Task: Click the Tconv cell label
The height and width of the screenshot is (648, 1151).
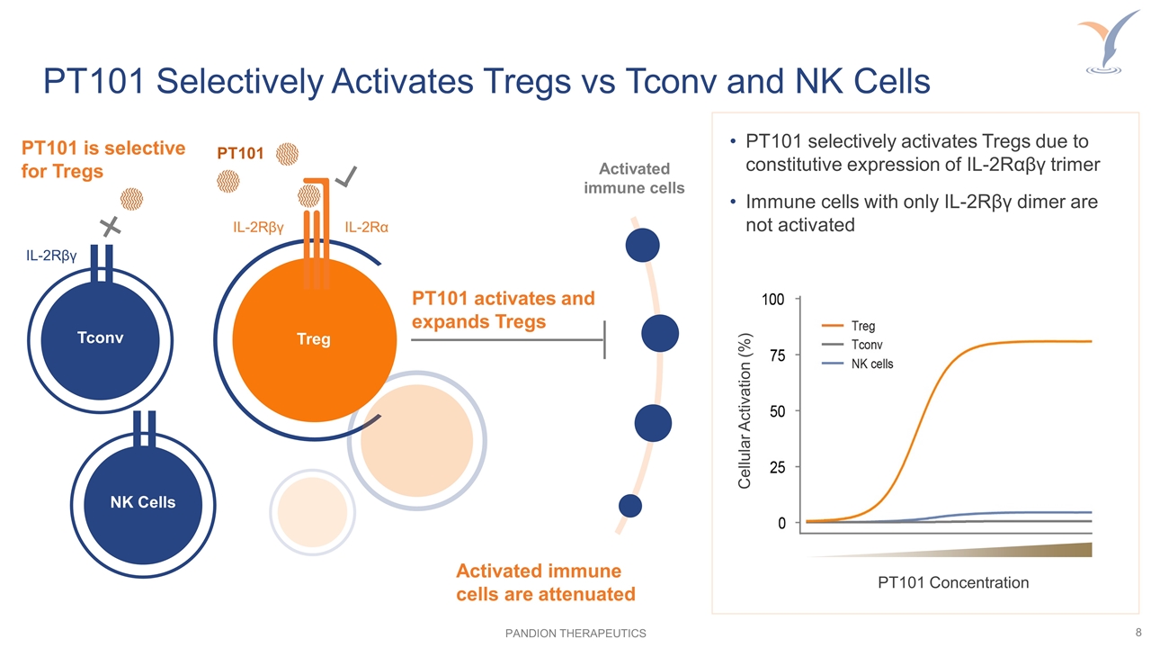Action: point(99,337)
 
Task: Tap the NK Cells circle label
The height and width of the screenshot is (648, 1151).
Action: point(142,501)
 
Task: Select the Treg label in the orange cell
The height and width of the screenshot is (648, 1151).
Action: point(313,339)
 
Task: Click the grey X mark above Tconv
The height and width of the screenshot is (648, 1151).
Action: point(111,227)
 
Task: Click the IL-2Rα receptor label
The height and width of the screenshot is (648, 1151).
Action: point(367,228)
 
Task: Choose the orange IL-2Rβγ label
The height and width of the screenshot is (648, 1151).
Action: point(259,228)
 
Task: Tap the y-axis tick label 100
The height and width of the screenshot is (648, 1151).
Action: point(773,298)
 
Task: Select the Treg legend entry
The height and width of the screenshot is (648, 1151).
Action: point(862,326)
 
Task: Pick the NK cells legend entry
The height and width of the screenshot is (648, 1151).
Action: point(871,364)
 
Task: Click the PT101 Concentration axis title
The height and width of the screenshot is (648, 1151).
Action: point(952,582)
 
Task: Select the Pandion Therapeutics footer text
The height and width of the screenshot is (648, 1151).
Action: point(575,634)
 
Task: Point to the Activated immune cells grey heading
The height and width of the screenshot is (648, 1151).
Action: point(634,178)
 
